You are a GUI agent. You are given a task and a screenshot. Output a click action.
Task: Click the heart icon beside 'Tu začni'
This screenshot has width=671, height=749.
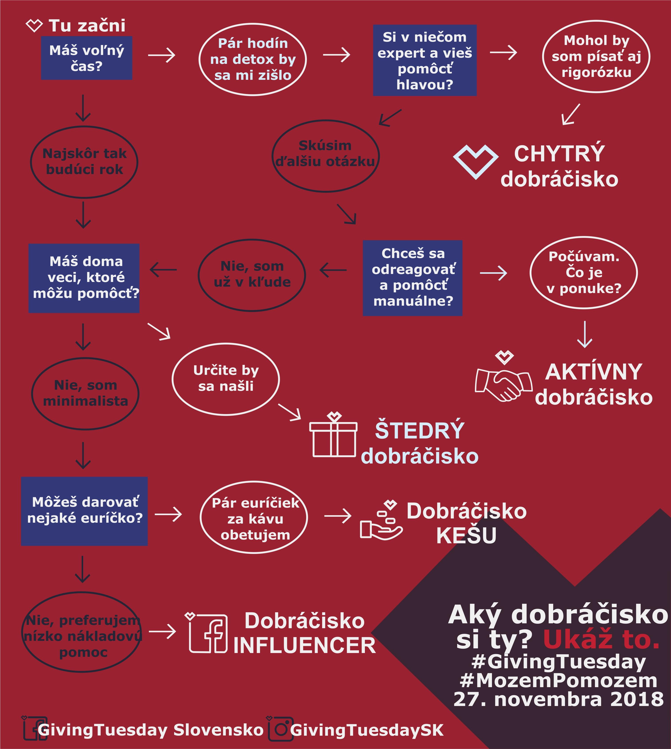click(34, 26)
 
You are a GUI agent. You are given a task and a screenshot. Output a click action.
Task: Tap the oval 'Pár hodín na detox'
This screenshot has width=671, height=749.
click(253, 59)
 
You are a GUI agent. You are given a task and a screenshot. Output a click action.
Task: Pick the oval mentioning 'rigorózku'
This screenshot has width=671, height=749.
click(596, 56)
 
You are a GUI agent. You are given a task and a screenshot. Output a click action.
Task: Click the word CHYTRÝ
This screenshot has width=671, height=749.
click(559, 154)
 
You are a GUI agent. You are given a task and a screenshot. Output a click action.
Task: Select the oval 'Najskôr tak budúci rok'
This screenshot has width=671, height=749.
click(84, 162)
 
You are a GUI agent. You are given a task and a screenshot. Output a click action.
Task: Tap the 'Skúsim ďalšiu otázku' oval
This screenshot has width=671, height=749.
click(326, 156)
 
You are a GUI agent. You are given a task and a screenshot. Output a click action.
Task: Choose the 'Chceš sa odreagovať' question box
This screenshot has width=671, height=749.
click(413, 278)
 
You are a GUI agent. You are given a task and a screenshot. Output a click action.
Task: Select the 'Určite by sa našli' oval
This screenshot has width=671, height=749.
click(226, 379)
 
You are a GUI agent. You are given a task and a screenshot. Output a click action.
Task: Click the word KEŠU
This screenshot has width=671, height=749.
click(466, 535)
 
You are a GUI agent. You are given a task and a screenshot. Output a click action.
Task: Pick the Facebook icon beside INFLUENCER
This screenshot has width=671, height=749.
click(207, 633)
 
